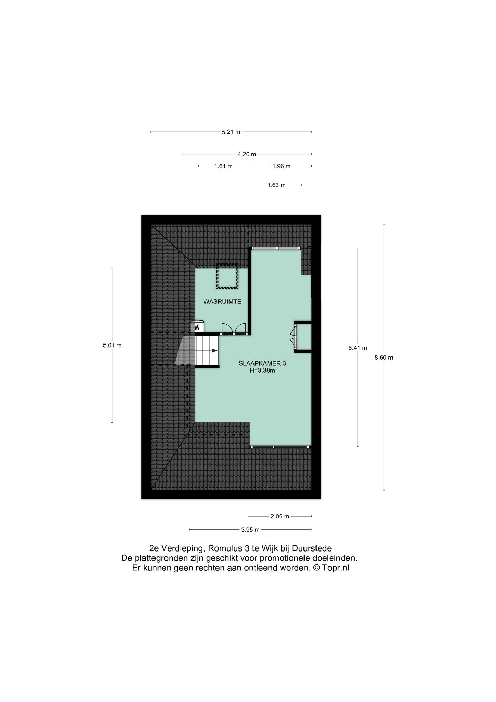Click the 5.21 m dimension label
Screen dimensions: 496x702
(231, 132)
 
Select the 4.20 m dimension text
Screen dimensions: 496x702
(247, 154)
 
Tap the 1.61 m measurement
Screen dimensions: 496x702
(223, 166)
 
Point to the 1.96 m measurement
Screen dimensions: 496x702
(281, 166)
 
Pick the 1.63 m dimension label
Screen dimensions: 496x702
(276, 185)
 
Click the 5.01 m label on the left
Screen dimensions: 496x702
(112, 346)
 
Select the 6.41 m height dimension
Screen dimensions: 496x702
(358, 348)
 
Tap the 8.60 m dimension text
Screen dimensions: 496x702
(384, 358)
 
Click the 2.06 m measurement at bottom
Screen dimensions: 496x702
(280, 516)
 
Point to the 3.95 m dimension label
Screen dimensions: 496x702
(250, 530)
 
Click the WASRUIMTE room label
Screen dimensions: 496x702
(222, 302)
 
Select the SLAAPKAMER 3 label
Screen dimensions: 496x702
(262, 363)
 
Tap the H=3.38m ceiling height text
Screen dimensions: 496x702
(262, 370)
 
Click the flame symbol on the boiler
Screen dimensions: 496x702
(197, 327)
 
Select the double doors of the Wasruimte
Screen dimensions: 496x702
(234, 329)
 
